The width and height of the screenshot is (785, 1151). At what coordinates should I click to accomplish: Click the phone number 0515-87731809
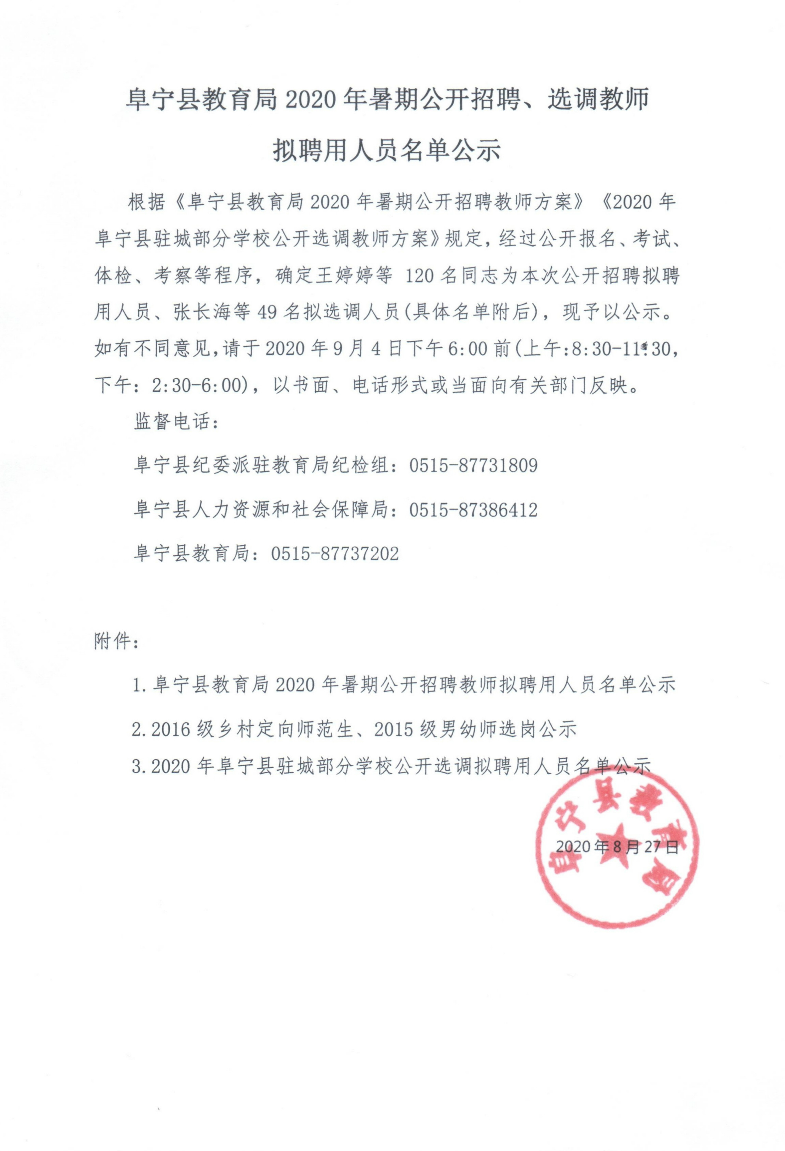tap(473, 466)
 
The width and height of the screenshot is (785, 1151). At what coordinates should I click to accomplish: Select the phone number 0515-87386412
tap(473, 510)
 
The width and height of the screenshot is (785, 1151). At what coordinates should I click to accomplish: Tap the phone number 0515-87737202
tap(335, 553)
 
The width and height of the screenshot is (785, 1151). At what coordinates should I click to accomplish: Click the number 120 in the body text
tap(419, 277)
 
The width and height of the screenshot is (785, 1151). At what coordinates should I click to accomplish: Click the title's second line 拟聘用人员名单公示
tap(387, 150)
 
